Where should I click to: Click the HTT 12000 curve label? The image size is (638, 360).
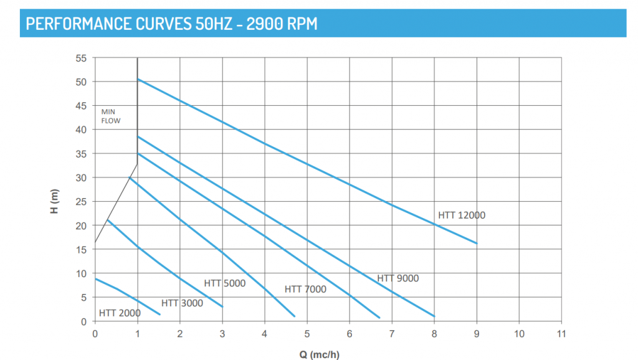click(461, 216)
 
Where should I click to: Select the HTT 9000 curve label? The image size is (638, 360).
click(398, 278)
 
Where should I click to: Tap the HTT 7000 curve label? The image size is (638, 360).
click(305, 289)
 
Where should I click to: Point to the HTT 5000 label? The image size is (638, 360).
click(225, 283)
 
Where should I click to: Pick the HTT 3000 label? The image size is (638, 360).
click(182, 303)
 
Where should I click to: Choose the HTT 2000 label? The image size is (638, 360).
click(120, 313)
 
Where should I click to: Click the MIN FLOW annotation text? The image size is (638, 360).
click(110, 116)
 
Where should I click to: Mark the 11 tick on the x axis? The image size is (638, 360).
click(561, 333)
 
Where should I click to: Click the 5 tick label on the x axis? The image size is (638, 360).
click(307, 333)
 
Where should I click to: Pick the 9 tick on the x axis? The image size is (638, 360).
click(477, 333)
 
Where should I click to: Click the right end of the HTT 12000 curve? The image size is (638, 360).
click(477, 243)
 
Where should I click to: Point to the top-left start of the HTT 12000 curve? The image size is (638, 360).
click(138, 79)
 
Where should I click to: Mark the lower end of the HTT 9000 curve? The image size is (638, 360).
click(434, 316)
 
